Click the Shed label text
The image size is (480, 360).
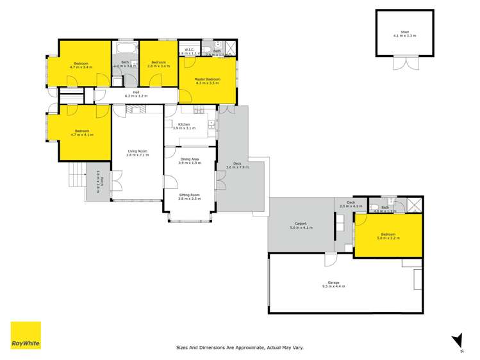(x=404, y=31)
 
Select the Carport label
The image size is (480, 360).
(x=300, y=224)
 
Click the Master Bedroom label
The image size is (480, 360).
(x=207, y=79)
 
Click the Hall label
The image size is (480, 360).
(x=136, y=92)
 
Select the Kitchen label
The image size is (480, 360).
(x=185, y=124)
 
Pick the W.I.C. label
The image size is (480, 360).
(x=189, y=50)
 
